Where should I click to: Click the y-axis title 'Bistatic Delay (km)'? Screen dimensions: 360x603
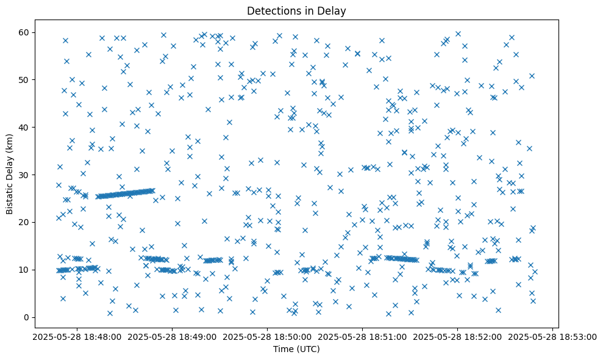(x=10, y=166)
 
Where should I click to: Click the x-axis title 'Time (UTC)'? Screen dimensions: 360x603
(x=296, y=350)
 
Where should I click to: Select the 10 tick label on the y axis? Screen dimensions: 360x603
(x=25, y=270)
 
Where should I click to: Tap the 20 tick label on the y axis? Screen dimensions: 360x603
(x=25, y=222)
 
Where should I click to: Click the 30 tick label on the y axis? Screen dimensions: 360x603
(x=25, y=175)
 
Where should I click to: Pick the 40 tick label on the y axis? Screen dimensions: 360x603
(x=25, y=127)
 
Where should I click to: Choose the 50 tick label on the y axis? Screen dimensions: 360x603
(x=25, y=79)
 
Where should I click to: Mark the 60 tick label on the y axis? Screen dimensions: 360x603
(x=25, y=32)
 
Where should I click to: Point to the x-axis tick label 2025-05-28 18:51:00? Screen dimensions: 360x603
(x=362, y=336)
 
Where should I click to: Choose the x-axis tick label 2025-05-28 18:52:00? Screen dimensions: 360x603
(x=458, y=336)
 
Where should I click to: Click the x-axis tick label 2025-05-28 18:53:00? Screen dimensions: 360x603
(x=554, y=336)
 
